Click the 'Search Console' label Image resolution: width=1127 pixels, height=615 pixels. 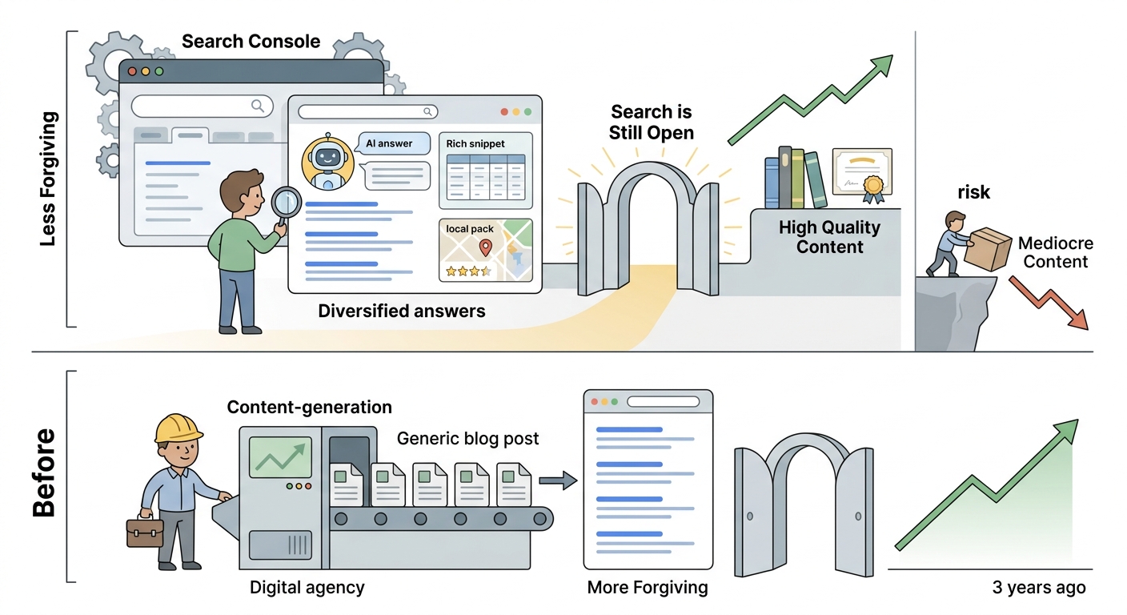[x=251, y=42]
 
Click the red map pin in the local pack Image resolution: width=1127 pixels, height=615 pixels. [x=485, y=247]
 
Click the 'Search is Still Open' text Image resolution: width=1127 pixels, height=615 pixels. [x=651, y=123]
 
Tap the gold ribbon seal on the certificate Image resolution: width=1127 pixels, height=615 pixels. [x=873, y=189]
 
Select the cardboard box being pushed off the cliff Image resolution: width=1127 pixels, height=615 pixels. [x=987, y=249]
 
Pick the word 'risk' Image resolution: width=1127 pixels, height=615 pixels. [x=973, y=192]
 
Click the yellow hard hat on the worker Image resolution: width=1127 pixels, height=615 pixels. [x=178, y=428]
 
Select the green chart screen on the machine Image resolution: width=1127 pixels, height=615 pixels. [x=280, y=457]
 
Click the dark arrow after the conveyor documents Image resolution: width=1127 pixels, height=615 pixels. [x=558, y=480]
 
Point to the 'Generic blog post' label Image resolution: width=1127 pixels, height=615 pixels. [x=467, y=438]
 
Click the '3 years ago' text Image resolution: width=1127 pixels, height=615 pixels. [x=1039, y=587]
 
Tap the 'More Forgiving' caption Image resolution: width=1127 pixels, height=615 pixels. [x=648, y=587]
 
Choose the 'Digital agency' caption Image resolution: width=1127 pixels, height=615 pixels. [x=307, y=587]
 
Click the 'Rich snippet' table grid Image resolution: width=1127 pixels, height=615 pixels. [x=486, y=177]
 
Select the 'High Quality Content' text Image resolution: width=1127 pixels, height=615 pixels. [x=830, y=237]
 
